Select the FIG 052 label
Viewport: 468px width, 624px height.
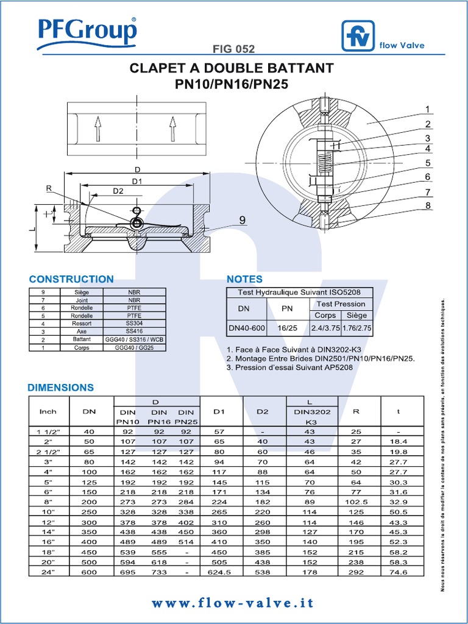[234, 49]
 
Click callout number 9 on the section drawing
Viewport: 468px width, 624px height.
[242, 221]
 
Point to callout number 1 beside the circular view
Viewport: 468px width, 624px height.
[428, 110]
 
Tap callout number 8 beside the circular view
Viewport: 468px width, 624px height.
[428, 205]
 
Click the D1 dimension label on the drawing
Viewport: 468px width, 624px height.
[136, 181]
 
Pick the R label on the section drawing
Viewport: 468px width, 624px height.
[49, 189]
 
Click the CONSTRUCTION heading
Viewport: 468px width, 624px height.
[71, 279]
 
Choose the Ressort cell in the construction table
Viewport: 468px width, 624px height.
[81, 324]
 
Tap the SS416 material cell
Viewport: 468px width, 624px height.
[135, 331]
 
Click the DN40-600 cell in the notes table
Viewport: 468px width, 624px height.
[247, 328]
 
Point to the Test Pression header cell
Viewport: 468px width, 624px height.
[341, 303]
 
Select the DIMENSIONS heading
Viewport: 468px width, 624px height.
[61, 388]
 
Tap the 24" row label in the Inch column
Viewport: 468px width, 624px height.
[48, 572]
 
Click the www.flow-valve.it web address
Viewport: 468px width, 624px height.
[234, 603]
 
